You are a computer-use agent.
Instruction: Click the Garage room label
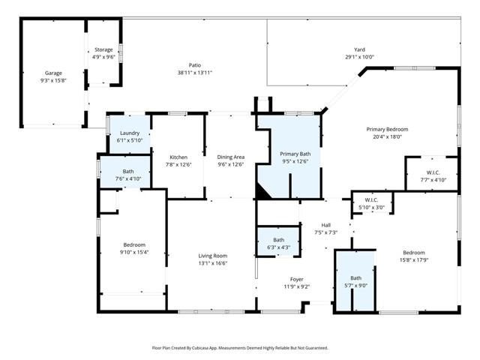pyautogui.click(x=52, y=73)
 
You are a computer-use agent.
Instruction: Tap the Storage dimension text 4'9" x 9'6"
pyautogui.click(x=103, y=57)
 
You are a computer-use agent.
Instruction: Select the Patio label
pyautogui.click(x=194, y=65)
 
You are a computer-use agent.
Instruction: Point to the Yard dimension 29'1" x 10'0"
pyautogui.click(x=359, y=57)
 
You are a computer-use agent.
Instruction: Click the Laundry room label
pyautogui.click(x=129, y=133)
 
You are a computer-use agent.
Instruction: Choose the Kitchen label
pyautogui.click(x=178, y=157)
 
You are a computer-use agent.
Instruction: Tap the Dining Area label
pyautogui.click(x=230, y=157)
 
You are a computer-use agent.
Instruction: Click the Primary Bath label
pyautogui.click(x=295, y=153)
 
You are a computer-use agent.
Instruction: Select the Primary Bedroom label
pyautogui.click(x=386, y=129)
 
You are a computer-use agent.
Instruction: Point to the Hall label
pyautogui.click(x=325, y=224)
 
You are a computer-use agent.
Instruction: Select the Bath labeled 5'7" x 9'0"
pyautogui.click(x=355, y=277)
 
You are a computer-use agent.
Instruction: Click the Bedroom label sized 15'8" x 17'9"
pyautogui.click(x=413, y=253)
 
